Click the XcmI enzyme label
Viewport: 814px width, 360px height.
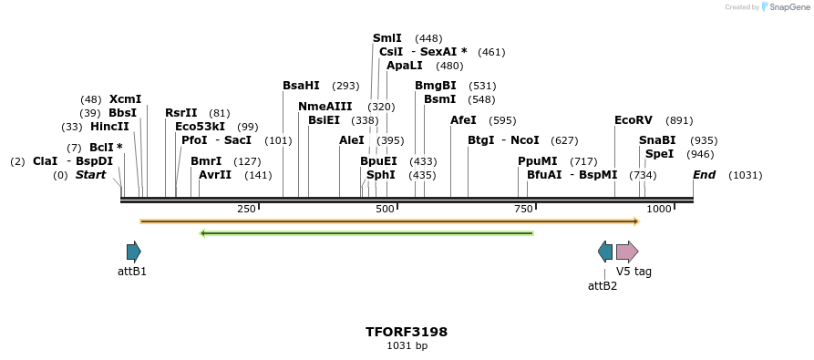[x=125, y=99]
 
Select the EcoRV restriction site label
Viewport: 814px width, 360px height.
[x=634, y=120]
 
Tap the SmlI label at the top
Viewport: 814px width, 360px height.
[x=387, y=38]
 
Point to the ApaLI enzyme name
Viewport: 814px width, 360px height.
[x=405, y=66]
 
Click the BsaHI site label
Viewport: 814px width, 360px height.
[x=301, y=86]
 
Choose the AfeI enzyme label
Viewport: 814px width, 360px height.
[x=463, y=120]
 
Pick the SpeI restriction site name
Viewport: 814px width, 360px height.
[x=659, y=154]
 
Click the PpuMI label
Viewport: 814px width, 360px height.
[x=537, y=161]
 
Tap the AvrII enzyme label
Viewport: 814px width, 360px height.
[x=215, y=175]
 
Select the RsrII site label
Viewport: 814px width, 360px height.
[x=180, y=113]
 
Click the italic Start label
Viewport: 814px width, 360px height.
[x=90, y=175]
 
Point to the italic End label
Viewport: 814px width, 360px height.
[x=704, y=175]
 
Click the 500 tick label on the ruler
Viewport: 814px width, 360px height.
[x=385, y=210]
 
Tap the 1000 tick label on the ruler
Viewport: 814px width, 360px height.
[x=659, y=210]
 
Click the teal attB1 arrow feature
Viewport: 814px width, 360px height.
[x=134, y=252]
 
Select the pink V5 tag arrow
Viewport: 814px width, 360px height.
[x=627, y=252]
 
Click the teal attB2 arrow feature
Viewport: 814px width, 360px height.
[x=605, y=252]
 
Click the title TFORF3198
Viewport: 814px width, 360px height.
[x=407, y=332]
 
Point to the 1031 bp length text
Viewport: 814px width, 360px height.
[x=407, y=346]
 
